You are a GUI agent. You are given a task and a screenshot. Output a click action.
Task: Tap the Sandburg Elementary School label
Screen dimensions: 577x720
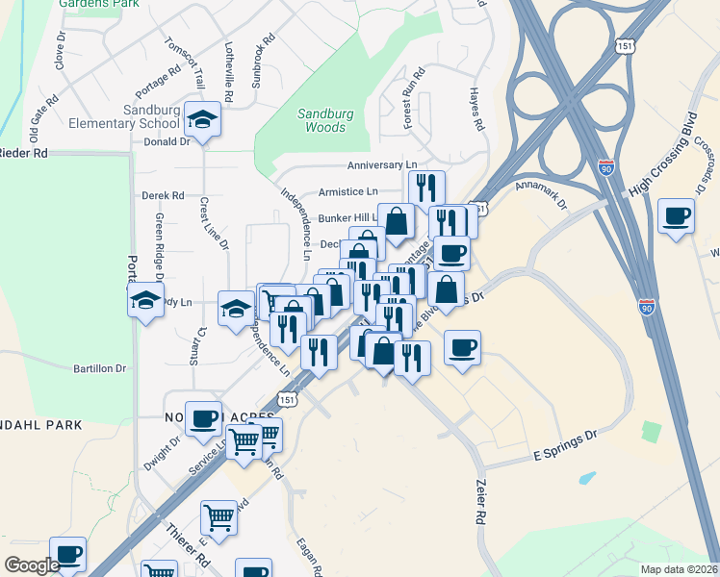tap(124, 116)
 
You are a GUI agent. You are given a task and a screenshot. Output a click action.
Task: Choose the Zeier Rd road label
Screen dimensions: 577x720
tap(479, 503)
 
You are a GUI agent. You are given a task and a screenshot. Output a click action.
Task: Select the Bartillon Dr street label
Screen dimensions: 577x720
tap(100, 368)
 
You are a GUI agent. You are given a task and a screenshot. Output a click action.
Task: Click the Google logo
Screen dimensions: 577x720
tap(32, 564)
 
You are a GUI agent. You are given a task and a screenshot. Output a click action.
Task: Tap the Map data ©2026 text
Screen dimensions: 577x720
tap(679, 569)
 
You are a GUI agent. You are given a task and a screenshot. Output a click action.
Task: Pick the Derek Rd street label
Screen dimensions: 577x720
tap(162, 194)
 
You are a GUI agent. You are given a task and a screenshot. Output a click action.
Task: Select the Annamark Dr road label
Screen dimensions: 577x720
tap(543, 193)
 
